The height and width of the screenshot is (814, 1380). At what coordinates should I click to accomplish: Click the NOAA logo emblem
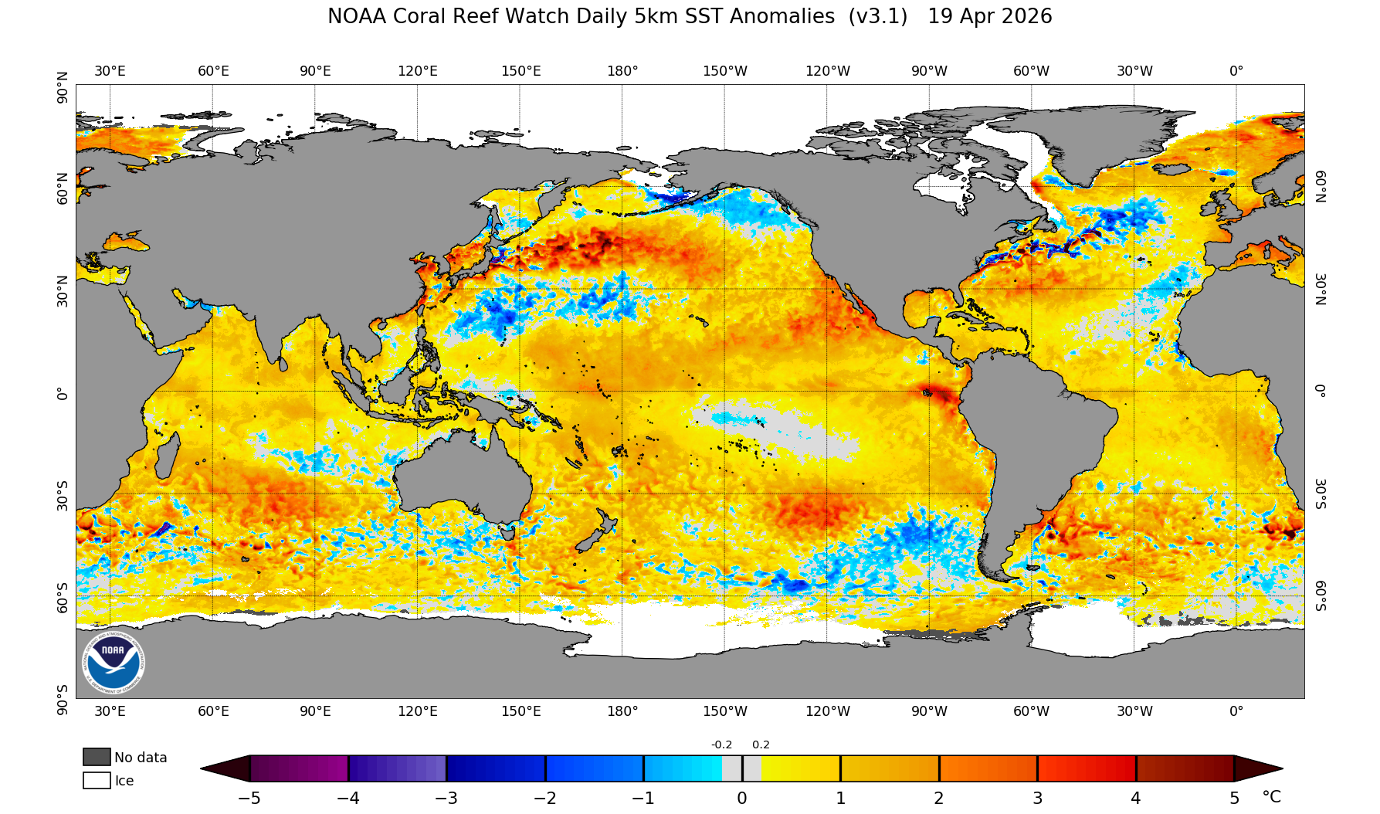pyautogui.click(x=113, y=662)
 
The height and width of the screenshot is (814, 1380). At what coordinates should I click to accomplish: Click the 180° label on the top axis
pyautogui.click(x=622, y=71)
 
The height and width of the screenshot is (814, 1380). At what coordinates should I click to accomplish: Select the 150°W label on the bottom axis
pyautogui.click(x=724, y=711)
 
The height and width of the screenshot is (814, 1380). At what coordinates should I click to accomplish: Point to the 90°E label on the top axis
pyautogui.click(x=315, y=71)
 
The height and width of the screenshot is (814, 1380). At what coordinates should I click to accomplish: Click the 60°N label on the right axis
pyautogui.click(x=1321, y=186)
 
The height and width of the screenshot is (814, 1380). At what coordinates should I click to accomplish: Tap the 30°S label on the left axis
pyautogui.click(x=63, y=495)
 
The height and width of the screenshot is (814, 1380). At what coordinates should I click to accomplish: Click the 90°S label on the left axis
pyautogui.click(x=63, y=699)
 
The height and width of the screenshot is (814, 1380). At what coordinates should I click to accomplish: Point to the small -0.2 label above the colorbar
pyautogui.click(x=721, y=745)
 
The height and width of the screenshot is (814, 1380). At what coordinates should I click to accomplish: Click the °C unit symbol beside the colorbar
pyautogui.click(x=1271, y=797)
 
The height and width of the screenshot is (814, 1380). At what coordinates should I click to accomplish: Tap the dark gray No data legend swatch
pyautogui.click(x=97, y=757)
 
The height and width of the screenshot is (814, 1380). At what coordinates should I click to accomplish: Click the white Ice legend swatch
pyautogui.click(x=97, y=780)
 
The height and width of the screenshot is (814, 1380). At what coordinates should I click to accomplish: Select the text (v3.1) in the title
pyautogui.click(x=877, y=17)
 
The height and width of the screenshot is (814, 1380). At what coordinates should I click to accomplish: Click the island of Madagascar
pyautogui.click(x=165, y=456)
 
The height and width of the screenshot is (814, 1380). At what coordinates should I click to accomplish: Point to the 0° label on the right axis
pyautogui.click(x=1321, y=391)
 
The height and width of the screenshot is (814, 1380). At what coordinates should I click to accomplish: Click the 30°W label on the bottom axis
pyautogui.click(x=1134, y=711)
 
